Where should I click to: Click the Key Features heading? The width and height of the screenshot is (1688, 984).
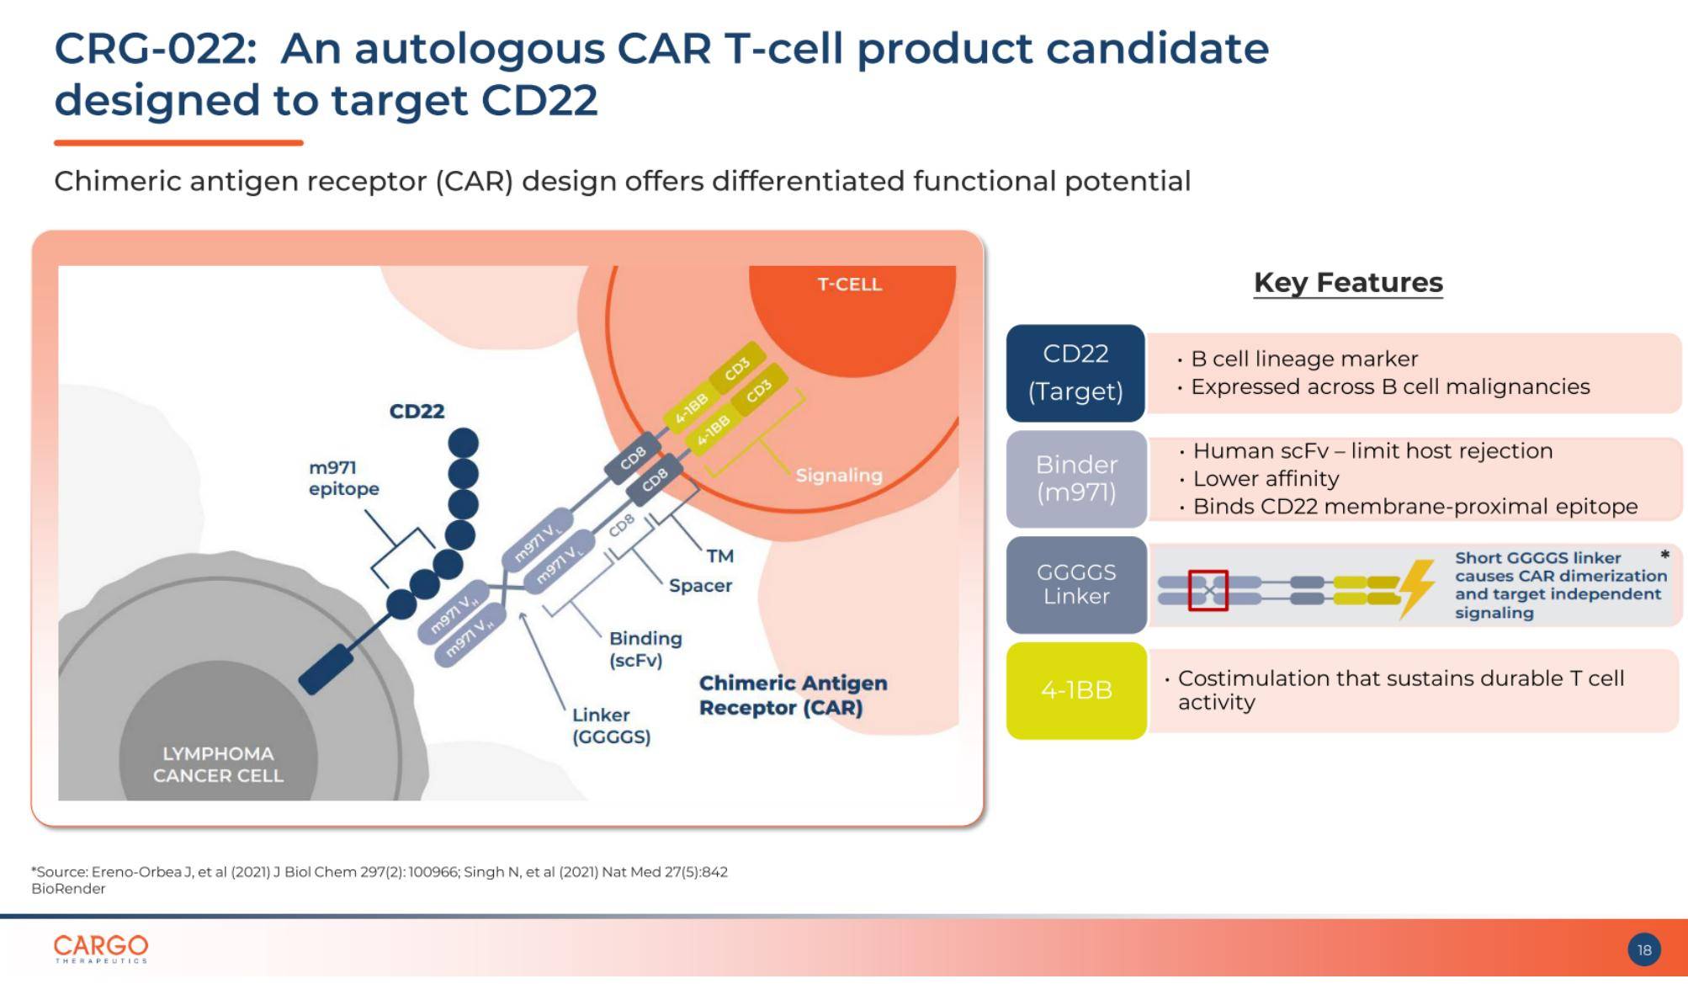[x=1348, y=283]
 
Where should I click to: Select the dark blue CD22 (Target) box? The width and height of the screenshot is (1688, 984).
[x=1075, y=373]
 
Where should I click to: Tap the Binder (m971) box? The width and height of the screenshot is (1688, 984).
[x=1076, y=479]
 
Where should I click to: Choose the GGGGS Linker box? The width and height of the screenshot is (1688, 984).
[x=1076, y=584]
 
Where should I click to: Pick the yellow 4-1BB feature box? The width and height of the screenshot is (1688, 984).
[x=1076, y=690]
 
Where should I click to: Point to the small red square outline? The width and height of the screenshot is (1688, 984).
[x=1208, y=590]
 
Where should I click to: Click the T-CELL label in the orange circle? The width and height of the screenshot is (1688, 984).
[x=850, y=285]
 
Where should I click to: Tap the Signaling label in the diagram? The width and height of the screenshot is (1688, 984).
[x=839, y=476]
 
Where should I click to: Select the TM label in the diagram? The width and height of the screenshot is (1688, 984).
[x=720, y=556]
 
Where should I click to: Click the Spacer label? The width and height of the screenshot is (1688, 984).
[x=700, y=585]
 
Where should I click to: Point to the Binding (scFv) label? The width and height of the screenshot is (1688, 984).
[x=645, y=649]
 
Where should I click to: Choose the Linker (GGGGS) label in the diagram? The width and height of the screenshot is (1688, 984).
[x=612, y=726]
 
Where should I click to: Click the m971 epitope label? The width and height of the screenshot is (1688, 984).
[x=343, y=478]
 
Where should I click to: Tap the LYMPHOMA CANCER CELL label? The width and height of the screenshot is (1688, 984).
[x=218, y=764]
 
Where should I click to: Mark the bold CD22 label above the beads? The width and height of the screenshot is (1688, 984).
[x=417, y=411]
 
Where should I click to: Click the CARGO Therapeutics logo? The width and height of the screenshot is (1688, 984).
[x=101, y=948]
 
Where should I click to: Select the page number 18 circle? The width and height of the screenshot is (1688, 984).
[x=1644, y=949]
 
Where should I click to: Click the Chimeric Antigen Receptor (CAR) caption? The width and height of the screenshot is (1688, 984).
[x=793, y=695]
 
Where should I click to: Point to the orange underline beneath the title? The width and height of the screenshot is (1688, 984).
[x=178, y=143]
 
